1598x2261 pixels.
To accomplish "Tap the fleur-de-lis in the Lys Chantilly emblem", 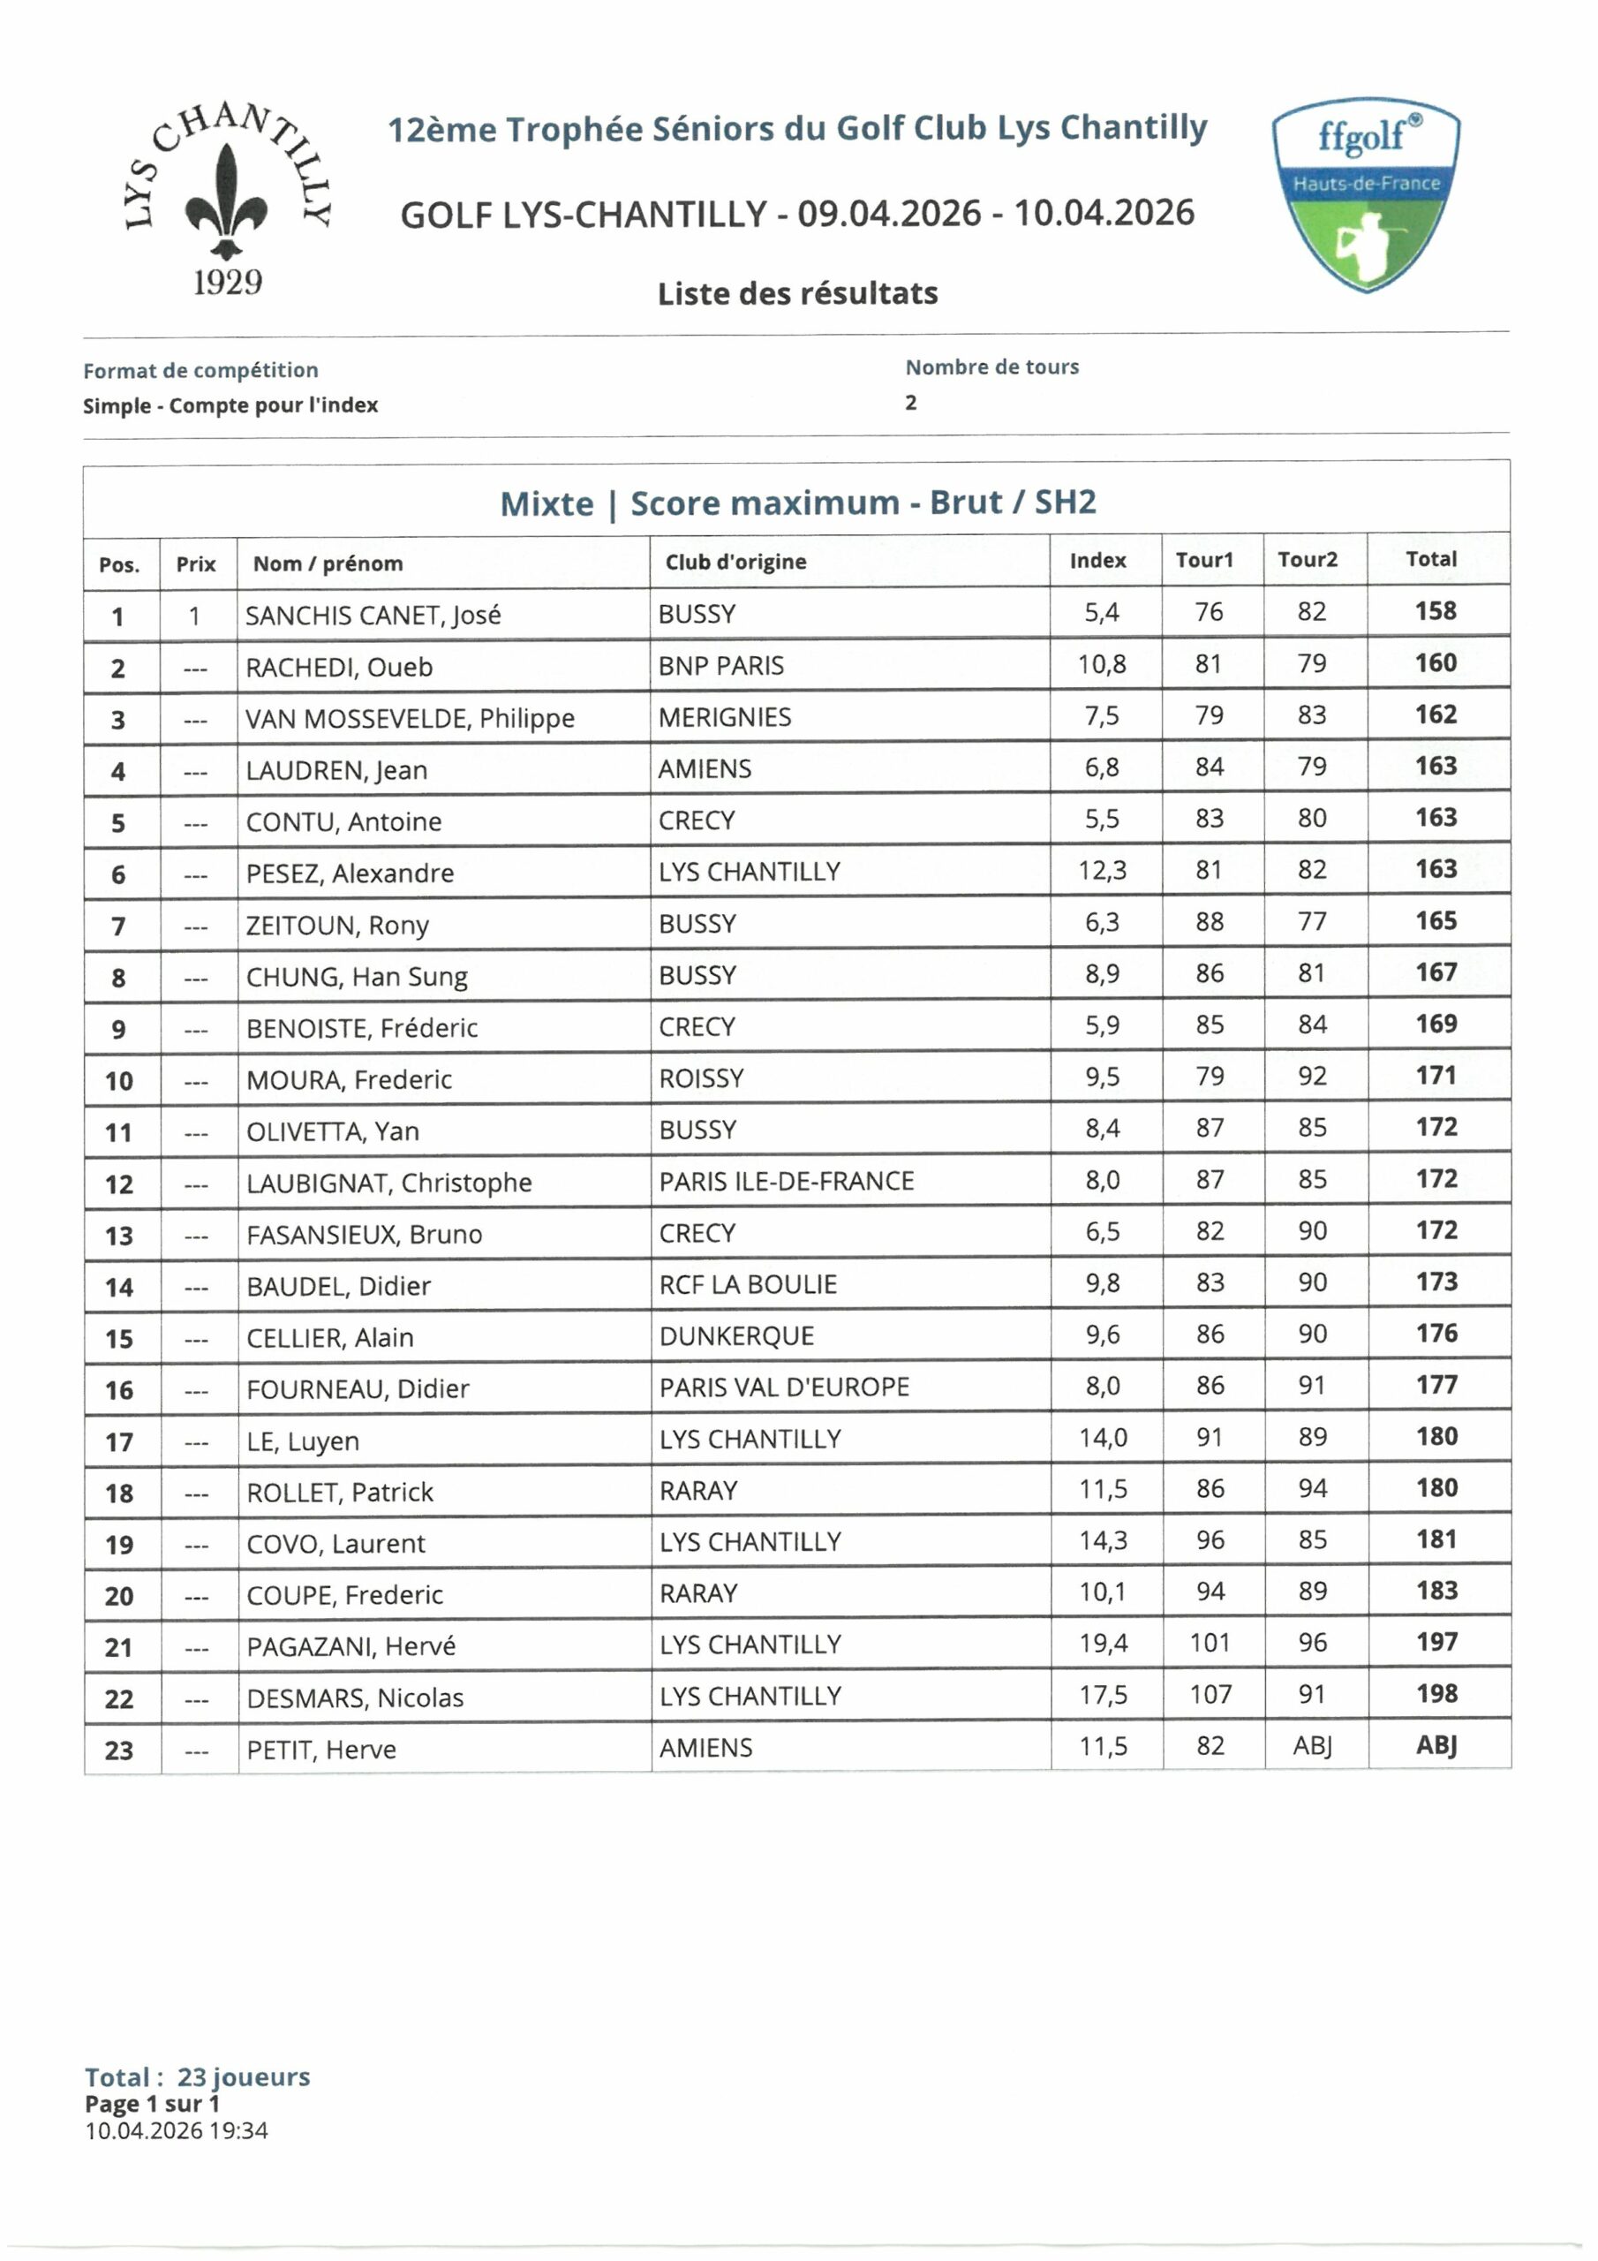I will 227,202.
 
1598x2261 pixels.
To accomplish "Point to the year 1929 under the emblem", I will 228,283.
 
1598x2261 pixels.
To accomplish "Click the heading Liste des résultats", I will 797,293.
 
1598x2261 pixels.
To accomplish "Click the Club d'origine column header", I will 735,563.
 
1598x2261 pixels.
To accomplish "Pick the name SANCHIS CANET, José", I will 373,616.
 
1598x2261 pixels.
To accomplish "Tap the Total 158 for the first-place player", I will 1435,611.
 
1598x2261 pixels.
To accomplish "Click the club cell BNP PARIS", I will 720,666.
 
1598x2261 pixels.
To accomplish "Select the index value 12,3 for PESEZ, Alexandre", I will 1102,871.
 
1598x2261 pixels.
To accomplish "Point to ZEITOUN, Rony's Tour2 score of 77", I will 1311,922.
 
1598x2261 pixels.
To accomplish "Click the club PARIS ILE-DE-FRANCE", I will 786,1181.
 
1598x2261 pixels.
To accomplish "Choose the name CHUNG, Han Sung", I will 357,977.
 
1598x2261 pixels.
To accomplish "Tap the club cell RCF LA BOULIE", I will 747,1284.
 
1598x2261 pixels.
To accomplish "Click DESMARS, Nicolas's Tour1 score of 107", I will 1210,1695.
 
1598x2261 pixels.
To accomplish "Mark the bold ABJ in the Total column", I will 1436,1746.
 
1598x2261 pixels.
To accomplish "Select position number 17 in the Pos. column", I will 119,1442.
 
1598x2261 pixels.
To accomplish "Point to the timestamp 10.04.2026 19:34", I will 177,2130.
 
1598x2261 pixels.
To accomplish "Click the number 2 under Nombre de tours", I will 911,403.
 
